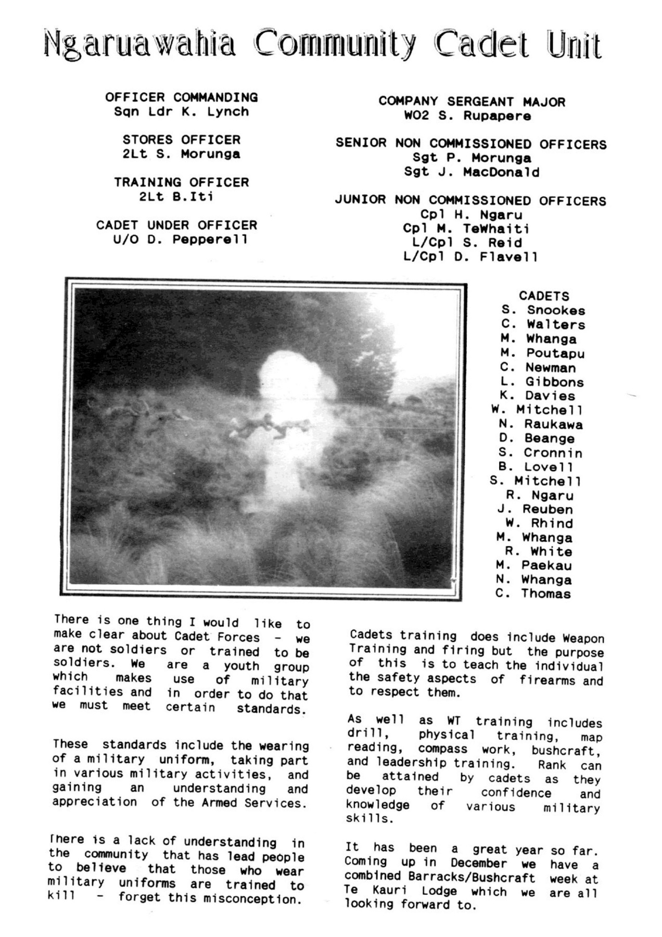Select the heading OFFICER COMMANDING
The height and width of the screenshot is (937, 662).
pyautogui.click(x=182, y=97)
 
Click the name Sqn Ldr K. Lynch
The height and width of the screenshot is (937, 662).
pyautogui.click(x=182, y=111)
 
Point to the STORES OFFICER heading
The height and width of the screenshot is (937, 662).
pyautogui.click(x=182, y=140)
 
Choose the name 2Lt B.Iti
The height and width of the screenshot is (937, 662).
pyautogui.click(x=176, y=197)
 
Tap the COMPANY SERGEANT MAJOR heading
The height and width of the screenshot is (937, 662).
pyautogui.click(x=472, y=102)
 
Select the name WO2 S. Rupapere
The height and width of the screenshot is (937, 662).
pyautogui.click(x=467, y=116)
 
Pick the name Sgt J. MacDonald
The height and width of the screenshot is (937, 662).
pyautogui.click(x=472, y=172)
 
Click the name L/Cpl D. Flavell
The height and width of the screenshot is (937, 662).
pyautogui.click(x=470, y=257)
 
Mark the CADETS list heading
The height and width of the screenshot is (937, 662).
pyautogui.click(x=544, y=296)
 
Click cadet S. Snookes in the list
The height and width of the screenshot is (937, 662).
pyautogui.click(x=543, y=310)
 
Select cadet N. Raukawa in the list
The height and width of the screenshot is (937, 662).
pyautogui.click(x=540, y=424)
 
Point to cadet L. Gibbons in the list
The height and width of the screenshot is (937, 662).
pyautogui.click(x=542, y=382)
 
